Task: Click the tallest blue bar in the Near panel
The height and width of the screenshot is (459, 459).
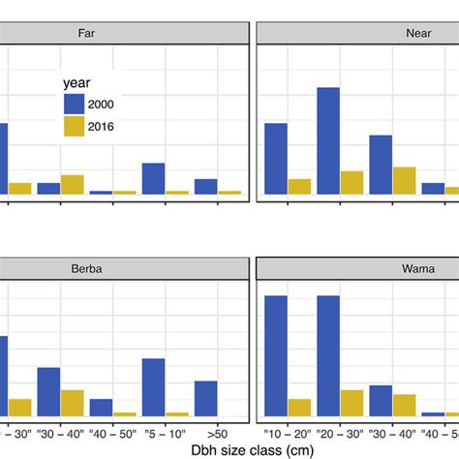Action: click(x=328, y=140)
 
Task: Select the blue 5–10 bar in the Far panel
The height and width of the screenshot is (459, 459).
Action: click(x=153, y=178)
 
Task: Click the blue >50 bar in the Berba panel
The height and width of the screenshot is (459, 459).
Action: click(x=206, y=398)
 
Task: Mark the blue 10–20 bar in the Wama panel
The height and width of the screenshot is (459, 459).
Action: click(x=276, y=355)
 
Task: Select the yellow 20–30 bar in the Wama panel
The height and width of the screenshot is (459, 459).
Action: click(x=352, y=403)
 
